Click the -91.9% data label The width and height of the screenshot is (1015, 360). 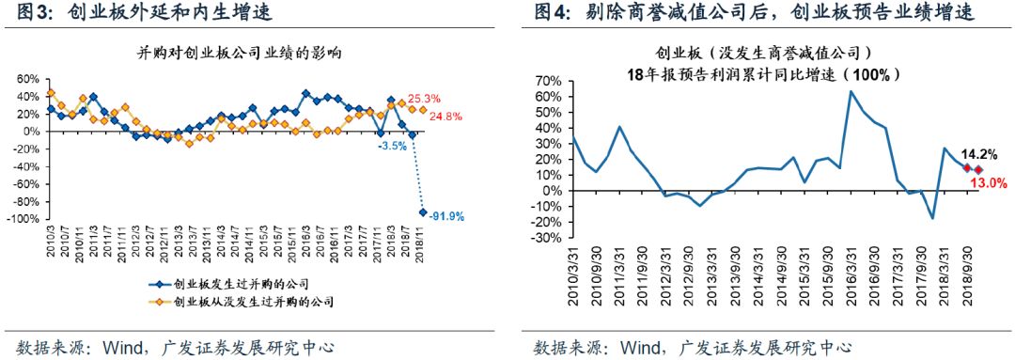click(449, 216)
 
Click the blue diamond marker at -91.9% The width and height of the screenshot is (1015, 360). click(422, 212)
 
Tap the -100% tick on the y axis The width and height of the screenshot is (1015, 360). click(23, 220)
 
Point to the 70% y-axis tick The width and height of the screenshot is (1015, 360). click(548, 82)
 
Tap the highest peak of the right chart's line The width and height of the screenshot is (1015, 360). click(851, 91)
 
